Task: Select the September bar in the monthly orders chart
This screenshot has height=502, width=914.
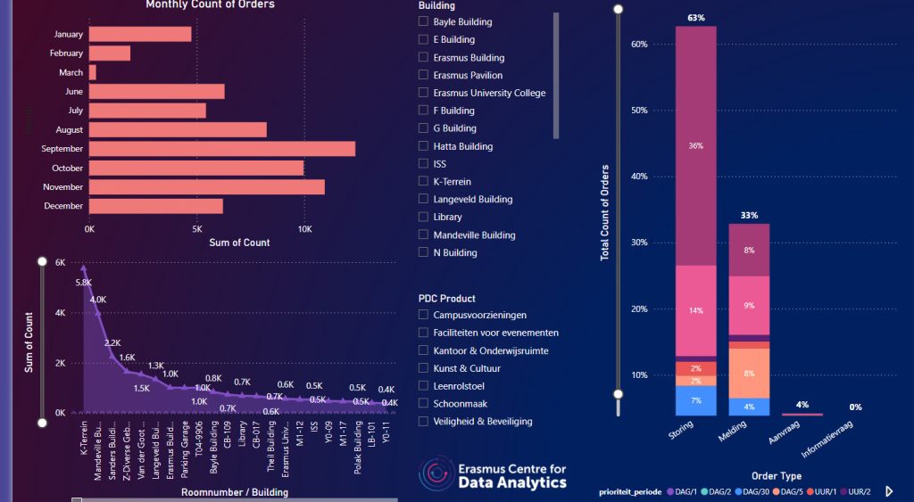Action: point(221,148)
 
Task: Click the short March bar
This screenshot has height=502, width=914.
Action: point(92,72)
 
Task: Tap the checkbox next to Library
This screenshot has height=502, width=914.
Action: point(424,217)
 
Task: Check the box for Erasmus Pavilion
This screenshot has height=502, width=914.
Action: point(424,75)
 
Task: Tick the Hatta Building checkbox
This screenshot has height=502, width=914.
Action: point(424,146)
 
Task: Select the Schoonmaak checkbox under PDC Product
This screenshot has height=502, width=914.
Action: point(424,403)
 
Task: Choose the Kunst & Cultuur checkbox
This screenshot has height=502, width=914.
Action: point(424,367)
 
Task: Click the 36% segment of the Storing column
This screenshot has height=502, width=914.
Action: point(695,145)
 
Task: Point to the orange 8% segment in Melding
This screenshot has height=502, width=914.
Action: point(749,373)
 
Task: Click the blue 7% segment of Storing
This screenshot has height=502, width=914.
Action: point(695,400)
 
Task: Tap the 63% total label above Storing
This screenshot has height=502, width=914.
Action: point(696,17)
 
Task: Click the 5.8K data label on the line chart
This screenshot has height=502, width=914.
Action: point(84,282)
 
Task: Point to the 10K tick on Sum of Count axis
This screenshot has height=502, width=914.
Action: point(303,228)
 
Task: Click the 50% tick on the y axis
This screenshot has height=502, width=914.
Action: point(639,111)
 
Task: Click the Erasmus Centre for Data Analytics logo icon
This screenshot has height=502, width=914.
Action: point(436,475)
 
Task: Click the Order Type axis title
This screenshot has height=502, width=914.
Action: point(776,476)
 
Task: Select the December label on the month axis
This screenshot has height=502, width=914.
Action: point(63,206)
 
